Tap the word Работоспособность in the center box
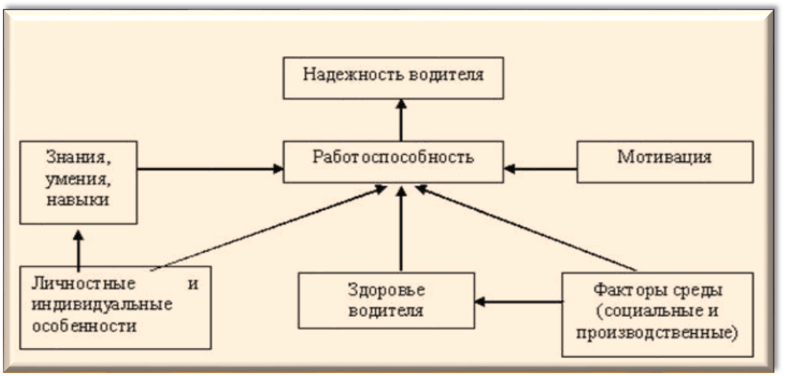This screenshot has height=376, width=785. [393, 156]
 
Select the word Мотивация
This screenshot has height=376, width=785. [664, 156]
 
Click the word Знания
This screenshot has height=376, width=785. [78, 158]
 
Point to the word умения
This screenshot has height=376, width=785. [78, 179]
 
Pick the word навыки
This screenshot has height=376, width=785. [78, 200]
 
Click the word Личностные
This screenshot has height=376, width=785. [83, 284]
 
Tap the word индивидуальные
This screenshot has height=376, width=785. [102, 305]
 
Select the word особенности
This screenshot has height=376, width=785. [84, 326]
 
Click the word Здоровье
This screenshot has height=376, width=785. [386, 290]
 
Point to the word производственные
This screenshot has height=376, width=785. [657, 333]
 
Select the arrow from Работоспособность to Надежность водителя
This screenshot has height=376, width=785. [401, 120]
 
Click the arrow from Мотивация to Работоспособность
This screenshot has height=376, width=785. [540, 169]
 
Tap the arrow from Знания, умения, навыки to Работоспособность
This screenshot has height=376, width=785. [210, 169]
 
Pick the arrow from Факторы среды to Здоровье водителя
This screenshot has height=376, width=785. [518, 301]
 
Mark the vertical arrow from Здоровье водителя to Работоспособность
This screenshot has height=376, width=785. [401, 229]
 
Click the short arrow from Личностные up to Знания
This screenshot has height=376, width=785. [78, 251]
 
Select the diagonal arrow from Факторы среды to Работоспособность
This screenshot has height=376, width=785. [526, 228]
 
